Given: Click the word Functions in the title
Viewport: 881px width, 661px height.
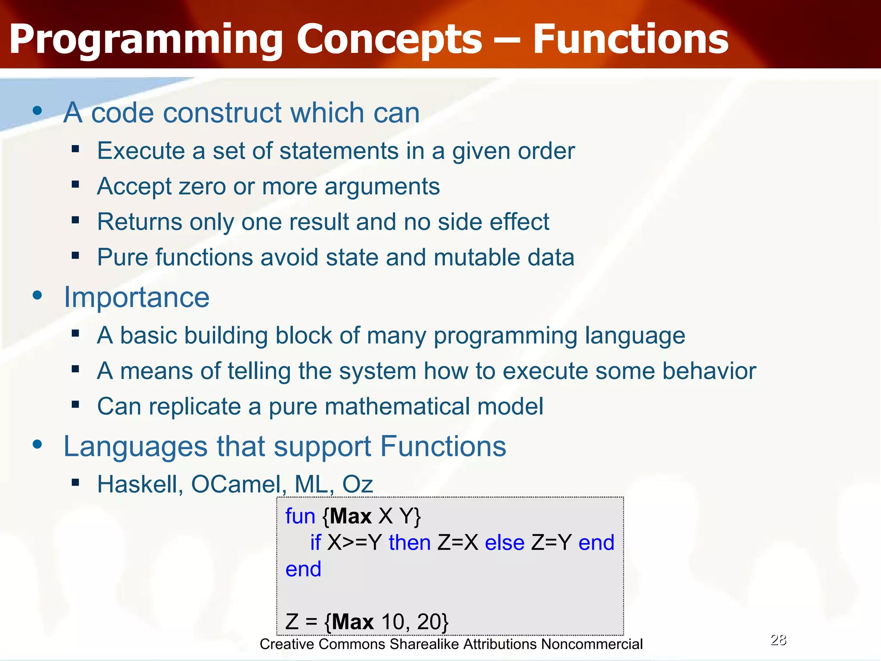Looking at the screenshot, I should [x=630, y=40].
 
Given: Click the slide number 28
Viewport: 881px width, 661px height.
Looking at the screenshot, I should [x=778, y=640].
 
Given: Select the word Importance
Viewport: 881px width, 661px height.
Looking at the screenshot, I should [x=136, y=297].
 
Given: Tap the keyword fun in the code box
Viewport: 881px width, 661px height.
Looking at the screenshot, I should [x=300, y=516].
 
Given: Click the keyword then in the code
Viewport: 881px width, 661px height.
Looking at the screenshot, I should [x=410, y=542].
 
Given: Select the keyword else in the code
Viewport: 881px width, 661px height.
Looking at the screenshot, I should [x=504, y=542].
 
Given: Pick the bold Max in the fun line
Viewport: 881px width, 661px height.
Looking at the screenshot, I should [x=351, y=516].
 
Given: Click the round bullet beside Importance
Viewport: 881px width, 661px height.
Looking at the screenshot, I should [x=38, y=295].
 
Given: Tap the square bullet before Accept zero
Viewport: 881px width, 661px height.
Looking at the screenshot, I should [x=76, y=185].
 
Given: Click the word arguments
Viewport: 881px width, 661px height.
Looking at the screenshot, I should [x=382, y=186].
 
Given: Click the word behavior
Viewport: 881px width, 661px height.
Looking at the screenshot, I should [x=709, y=371].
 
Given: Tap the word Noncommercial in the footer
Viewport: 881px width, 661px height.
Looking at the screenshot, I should [x=591, y=644].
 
